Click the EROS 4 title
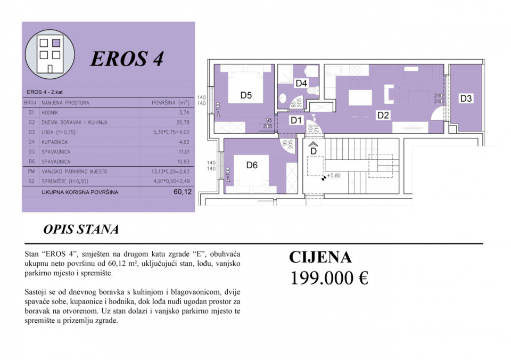click(x=127, y=59)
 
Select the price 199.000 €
click(x=329, y=278)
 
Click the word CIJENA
click(x=320, y=258)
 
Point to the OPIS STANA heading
click(x=81, y=230)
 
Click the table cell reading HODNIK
click(x=52, y=112)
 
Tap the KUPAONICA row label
click(x=56, y=142)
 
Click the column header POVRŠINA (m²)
click(x=171, y=103)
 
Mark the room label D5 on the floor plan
click(x=245, y=96)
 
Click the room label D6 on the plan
click(x=252, y=165)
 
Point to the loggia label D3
click(x=466, y=99)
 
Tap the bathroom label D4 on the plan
click(x=301, y=84)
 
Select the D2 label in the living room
click(x=383, y=114)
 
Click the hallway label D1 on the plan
click(x=296, y=120)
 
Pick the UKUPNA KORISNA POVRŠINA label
click(x=80, y=192)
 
